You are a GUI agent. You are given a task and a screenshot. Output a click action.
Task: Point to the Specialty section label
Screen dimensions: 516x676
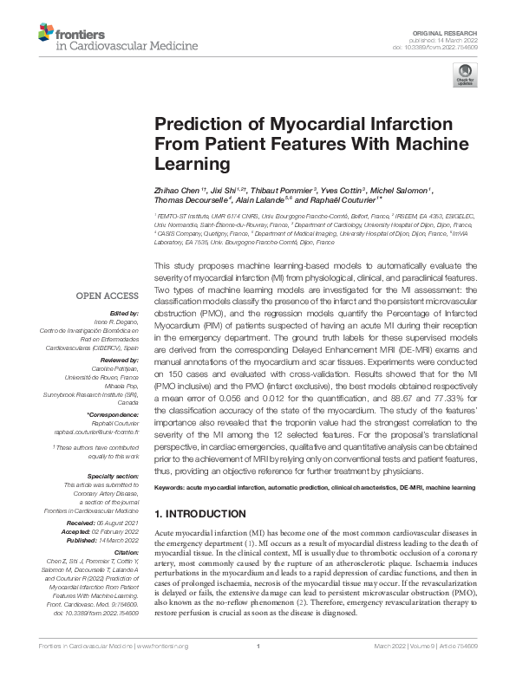coord(114,476)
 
